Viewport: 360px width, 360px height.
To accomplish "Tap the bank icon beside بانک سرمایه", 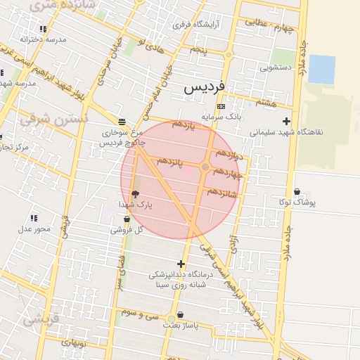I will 221,107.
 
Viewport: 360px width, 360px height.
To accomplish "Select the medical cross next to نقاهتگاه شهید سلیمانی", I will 286,121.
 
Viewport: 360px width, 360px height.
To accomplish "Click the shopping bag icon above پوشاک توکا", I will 297,191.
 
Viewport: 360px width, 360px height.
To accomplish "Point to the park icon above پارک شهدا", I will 135,193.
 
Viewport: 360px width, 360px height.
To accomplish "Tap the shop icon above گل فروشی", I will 126,219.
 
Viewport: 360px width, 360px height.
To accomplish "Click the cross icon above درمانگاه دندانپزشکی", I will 181,264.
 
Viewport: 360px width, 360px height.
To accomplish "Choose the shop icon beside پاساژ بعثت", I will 181,315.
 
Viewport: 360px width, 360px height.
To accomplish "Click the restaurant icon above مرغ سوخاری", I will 122,121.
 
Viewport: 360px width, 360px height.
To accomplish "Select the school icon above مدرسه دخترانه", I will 43,30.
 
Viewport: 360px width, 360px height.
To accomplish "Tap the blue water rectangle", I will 322,69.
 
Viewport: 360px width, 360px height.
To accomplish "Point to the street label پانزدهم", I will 170,162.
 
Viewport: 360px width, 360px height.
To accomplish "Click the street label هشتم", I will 266,103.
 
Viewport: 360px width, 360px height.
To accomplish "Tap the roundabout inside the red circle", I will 205,167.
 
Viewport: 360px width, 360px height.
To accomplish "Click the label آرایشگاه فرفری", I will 197,25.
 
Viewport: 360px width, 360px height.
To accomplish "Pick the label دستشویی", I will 276,68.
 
